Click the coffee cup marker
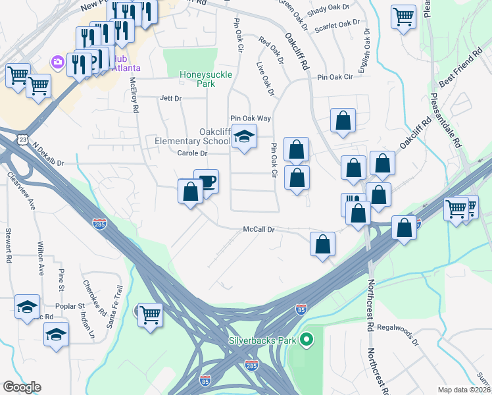point(207,182)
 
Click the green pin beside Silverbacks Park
point(305,340)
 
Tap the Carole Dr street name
point(192,153)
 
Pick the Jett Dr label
point(170,98)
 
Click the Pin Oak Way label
point(250,118)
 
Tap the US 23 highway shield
point(23,140)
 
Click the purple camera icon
point(58,62)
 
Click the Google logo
point(22,387)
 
